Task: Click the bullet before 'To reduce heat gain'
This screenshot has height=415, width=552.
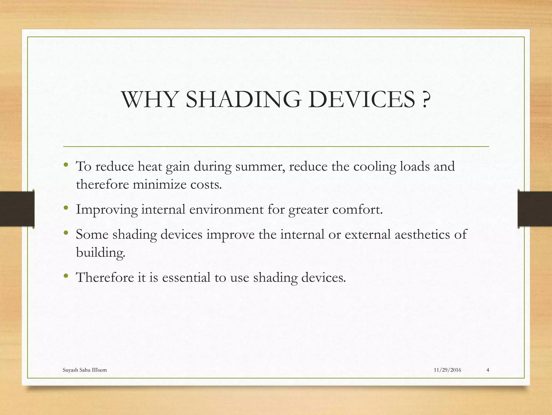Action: (x=66, y=165)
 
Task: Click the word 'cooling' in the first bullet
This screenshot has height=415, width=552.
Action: (x=375, y=166)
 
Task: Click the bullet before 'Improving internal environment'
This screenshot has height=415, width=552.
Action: (x=66, y=208)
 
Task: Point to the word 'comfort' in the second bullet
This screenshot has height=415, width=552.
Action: (x=357, y=209)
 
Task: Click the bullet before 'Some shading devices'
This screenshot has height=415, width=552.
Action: (x=66, y=233)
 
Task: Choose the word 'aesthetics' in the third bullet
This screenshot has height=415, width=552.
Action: (x=422, y=234)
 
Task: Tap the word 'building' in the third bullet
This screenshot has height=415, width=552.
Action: (x=101, y=253)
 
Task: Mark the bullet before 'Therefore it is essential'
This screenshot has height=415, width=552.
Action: (x=66, y=276)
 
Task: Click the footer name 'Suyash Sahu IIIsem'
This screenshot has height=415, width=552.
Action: (x=85, y=370)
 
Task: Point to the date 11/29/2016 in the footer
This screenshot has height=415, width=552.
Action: (x=447, y=370)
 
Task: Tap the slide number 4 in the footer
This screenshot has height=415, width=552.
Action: (x=488, y=370)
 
